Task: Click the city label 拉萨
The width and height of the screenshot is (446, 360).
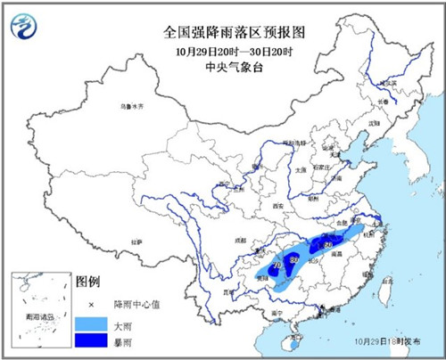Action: [136, 241]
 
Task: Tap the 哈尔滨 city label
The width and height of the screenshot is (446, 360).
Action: [389, 84]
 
